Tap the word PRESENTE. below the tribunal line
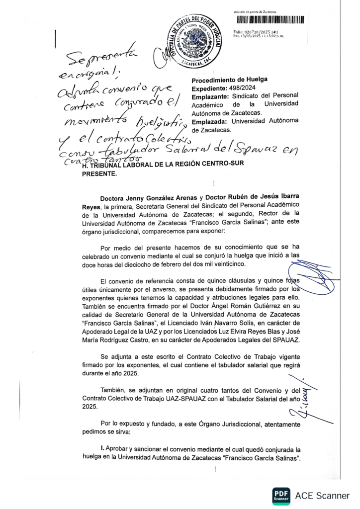tap(98, 174)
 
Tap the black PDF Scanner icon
tap(281, 495)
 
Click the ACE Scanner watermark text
tap(322, 496)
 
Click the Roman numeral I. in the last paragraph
tap(102, 448)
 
